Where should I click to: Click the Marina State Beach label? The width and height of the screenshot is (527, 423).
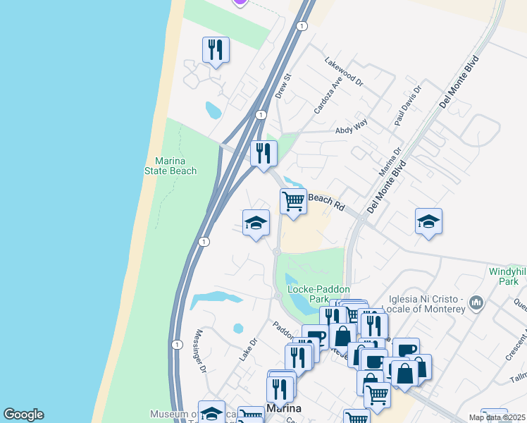pyautogui.click(x=170, y=166)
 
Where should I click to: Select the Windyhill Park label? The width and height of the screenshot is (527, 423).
pyautogui.click(x=507, y=276)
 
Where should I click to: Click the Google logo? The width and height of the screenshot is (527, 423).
pyautogui.click(x=23, y=415)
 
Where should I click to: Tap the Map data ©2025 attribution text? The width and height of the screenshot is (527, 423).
pyautogui.click(x=497, y=417)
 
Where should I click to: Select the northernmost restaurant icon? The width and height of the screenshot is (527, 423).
pyautogui.click(x=215, y=49)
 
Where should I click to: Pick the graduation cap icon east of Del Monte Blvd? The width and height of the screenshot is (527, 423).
pyautogui.click(x=428, y=221)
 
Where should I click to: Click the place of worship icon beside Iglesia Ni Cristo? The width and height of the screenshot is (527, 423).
pyautogui.click(x=477, y=303)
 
